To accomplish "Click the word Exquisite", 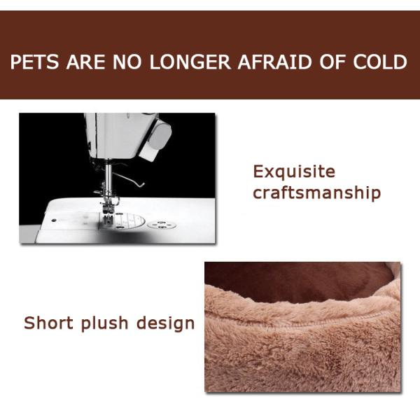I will pyautogui.click(x=294, y=172).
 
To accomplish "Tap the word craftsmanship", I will pyautogui.click(x=316, y=192).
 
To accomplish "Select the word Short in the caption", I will pyautogui.click(x=48, y=323).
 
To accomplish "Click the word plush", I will pyautogui.click(x=104, y=324).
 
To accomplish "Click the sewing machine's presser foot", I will pyautogui.click(x=109, y=213).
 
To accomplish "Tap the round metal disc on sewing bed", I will pyautogui.click(x=162, y=225).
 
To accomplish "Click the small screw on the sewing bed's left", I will pyautogui.click(x=54, y=219).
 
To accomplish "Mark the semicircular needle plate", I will pyautogui.click(x=129, y=221).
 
